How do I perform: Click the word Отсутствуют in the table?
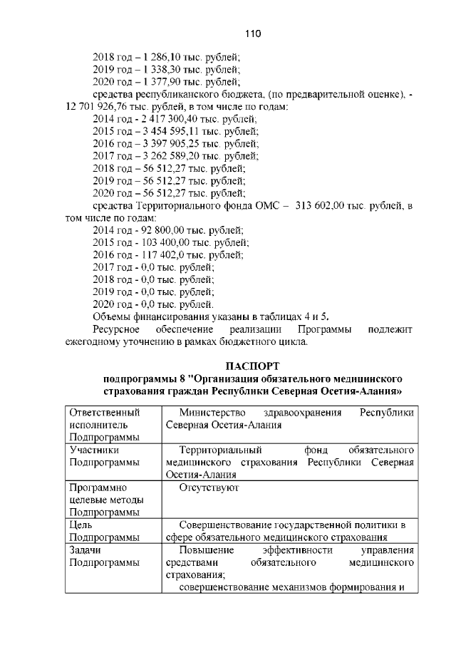(209, 487)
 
